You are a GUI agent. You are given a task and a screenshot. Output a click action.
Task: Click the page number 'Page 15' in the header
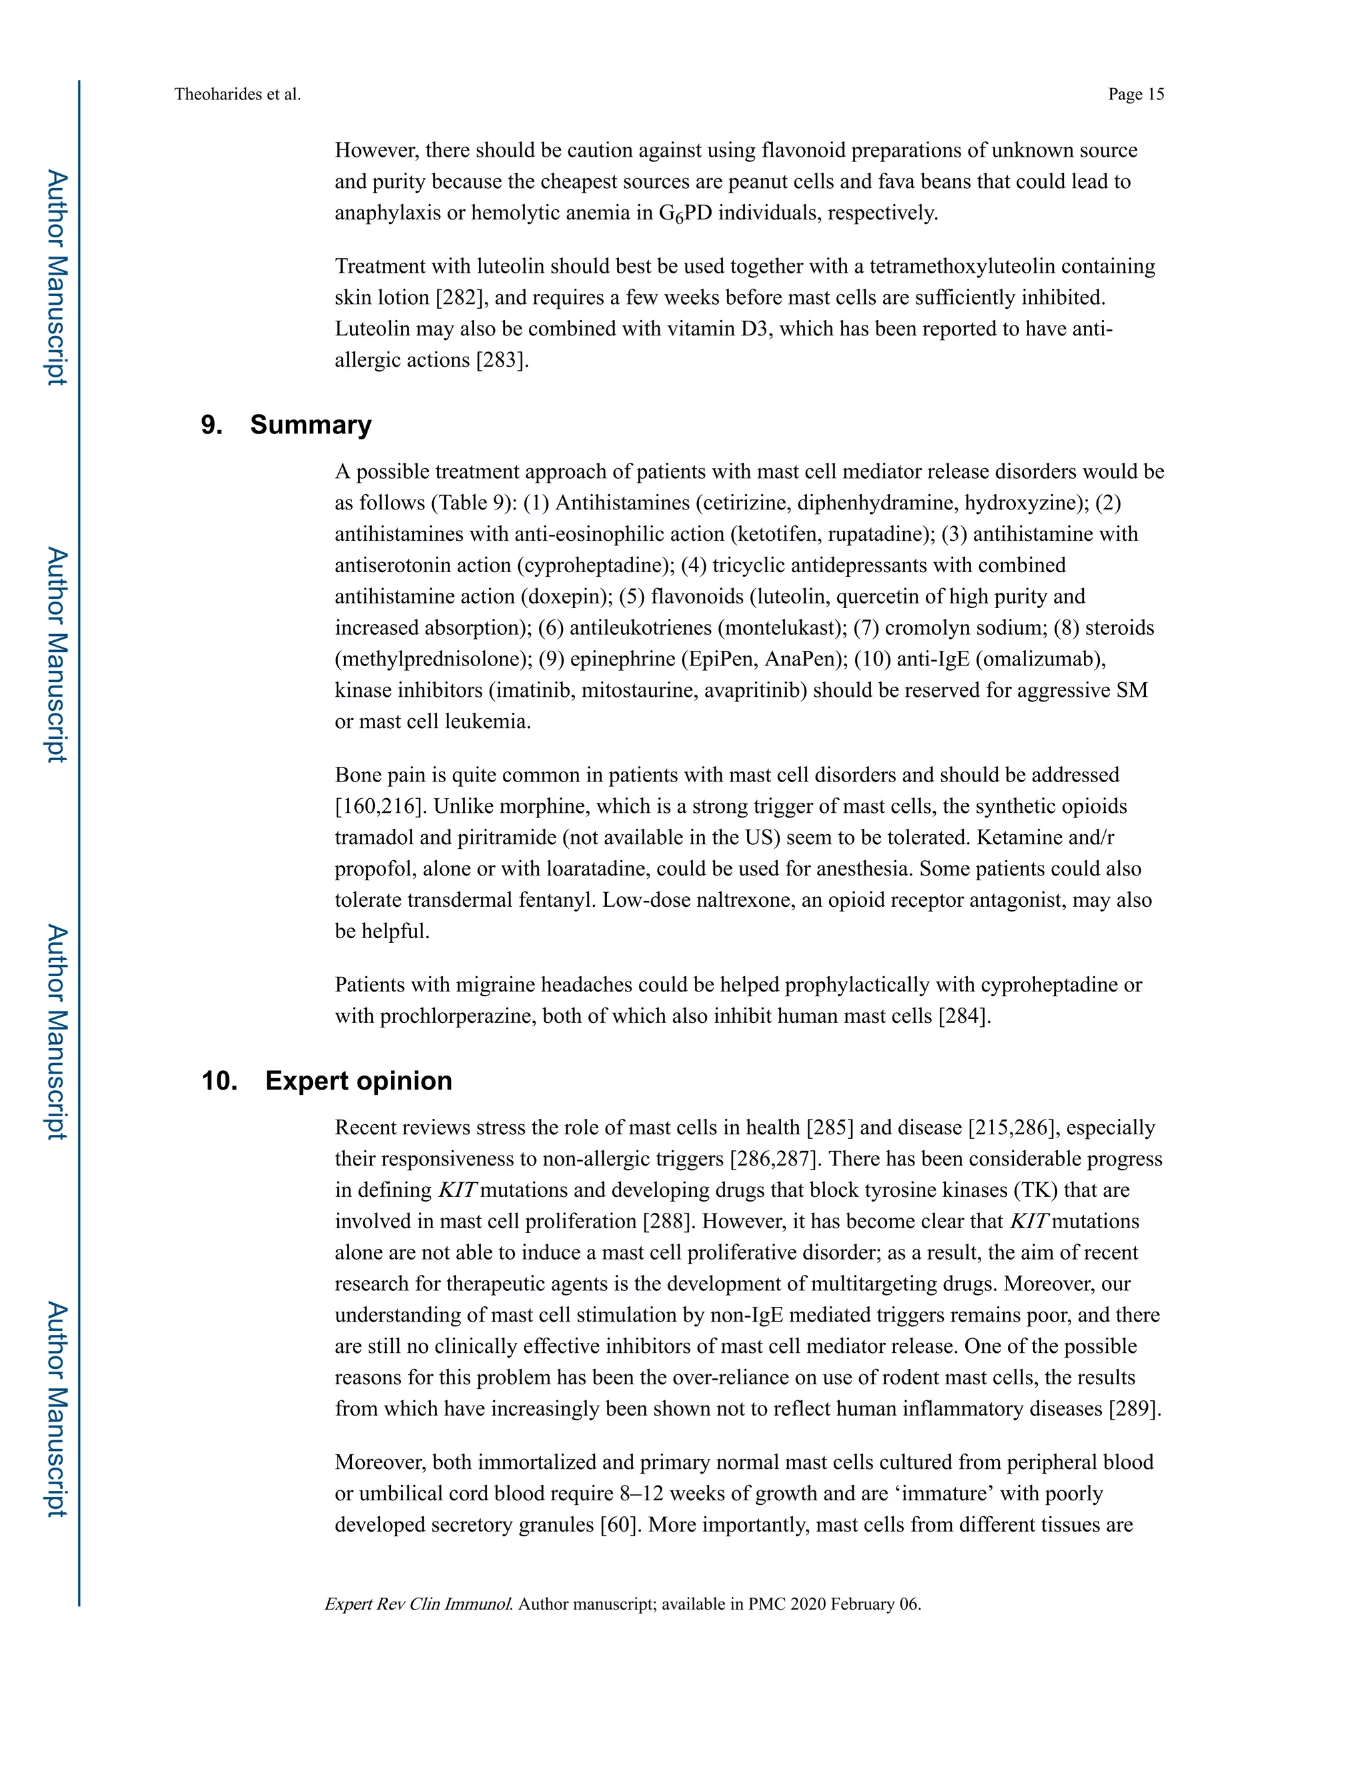pos(1135,95)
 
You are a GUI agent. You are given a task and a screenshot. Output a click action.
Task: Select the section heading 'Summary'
pos(310,425)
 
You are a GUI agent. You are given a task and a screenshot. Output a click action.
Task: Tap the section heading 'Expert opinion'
pos(358,1081)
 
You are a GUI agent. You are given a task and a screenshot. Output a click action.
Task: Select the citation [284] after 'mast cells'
pos(964,1016)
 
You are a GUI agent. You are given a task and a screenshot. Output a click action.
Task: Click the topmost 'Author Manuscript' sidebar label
pos(56,277)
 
